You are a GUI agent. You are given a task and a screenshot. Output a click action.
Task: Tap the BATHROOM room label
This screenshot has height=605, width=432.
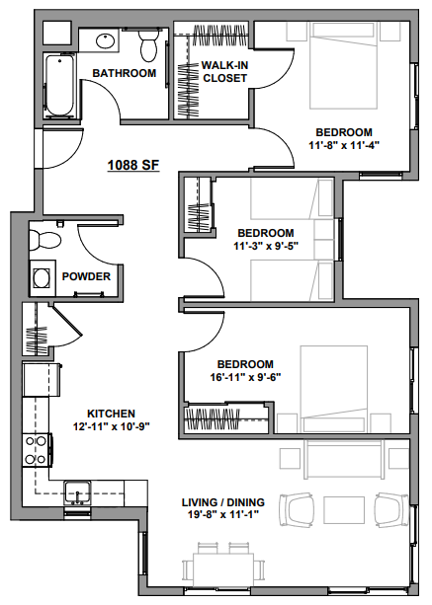click(x=124, y=73)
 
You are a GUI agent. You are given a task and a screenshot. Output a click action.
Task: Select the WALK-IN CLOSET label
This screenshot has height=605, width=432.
click(x=224, y=72)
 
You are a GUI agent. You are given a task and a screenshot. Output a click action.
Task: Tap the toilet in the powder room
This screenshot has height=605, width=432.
click(x=45, y=238)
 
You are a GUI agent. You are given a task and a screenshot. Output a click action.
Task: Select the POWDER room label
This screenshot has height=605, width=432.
click(x=86, y=276)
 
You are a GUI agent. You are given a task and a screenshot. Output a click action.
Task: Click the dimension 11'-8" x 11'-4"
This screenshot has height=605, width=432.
click(x=343, y=145)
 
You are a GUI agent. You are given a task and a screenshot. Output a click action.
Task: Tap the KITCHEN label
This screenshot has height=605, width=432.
click(x=111, y=414)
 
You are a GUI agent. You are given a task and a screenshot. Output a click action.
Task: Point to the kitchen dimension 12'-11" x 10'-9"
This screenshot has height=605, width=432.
click(x=111, y=426)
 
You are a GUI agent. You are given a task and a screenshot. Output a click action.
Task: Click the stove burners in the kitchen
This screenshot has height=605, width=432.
click(x=37, y=450)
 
